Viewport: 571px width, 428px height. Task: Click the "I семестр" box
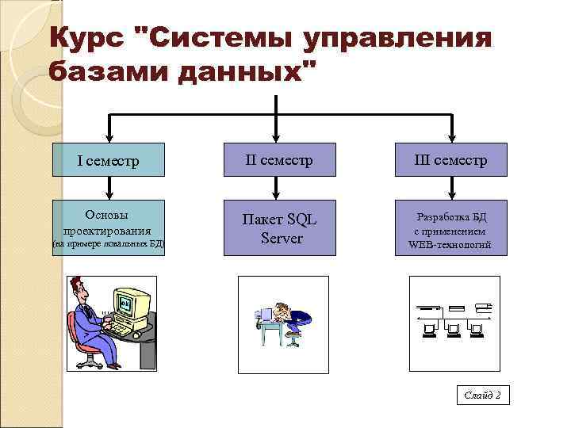coord(109,161)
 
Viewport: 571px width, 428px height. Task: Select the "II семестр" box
coord(279,161)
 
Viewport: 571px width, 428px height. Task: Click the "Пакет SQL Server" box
coord(279,228)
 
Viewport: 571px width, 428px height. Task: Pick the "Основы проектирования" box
coord(109,228)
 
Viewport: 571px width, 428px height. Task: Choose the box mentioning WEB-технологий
coord(450,229)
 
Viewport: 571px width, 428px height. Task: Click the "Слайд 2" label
coord(482,395)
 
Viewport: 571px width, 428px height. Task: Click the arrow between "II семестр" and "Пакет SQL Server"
coord(275,186)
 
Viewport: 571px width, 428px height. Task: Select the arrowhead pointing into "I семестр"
coord(109,139)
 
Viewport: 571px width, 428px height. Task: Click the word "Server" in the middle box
coord(281,238)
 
